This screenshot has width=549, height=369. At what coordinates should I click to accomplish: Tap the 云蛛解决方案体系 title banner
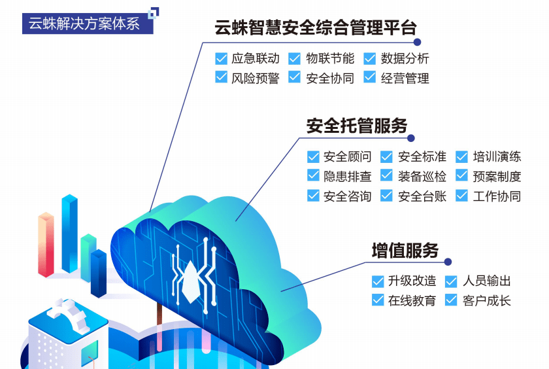point(84,24)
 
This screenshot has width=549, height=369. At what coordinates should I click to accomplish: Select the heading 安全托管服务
point(357,126)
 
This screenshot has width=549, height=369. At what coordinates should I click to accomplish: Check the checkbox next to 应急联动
point(221,59)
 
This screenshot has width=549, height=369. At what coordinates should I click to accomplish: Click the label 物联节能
point(330,59)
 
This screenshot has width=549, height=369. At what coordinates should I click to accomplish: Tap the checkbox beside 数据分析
point(370,59)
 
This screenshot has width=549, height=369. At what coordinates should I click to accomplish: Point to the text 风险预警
point(256,78)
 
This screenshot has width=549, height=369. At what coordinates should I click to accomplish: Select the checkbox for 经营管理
point(370,78)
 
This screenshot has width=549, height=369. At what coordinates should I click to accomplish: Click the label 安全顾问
point(347,157)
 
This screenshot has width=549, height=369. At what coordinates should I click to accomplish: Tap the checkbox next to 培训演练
point(462,157)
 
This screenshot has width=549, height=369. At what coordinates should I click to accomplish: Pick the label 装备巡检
point(422,176)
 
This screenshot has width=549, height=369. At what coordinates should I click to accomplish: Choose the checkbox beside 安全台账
point(387,196)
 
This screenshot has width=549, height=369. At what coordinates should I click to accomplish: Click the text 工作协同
point(497,196)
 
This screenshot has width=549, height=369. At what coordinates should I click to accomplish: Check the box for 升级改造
point(378,281)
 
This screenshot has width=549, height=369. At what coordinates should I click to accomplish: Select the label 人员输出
point(487,281)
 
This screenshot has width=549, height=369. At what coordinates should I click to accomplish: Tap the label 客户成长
point(487,301)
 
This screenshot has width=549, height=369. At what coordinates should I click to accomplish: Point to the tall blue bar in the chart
point(69,232)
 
